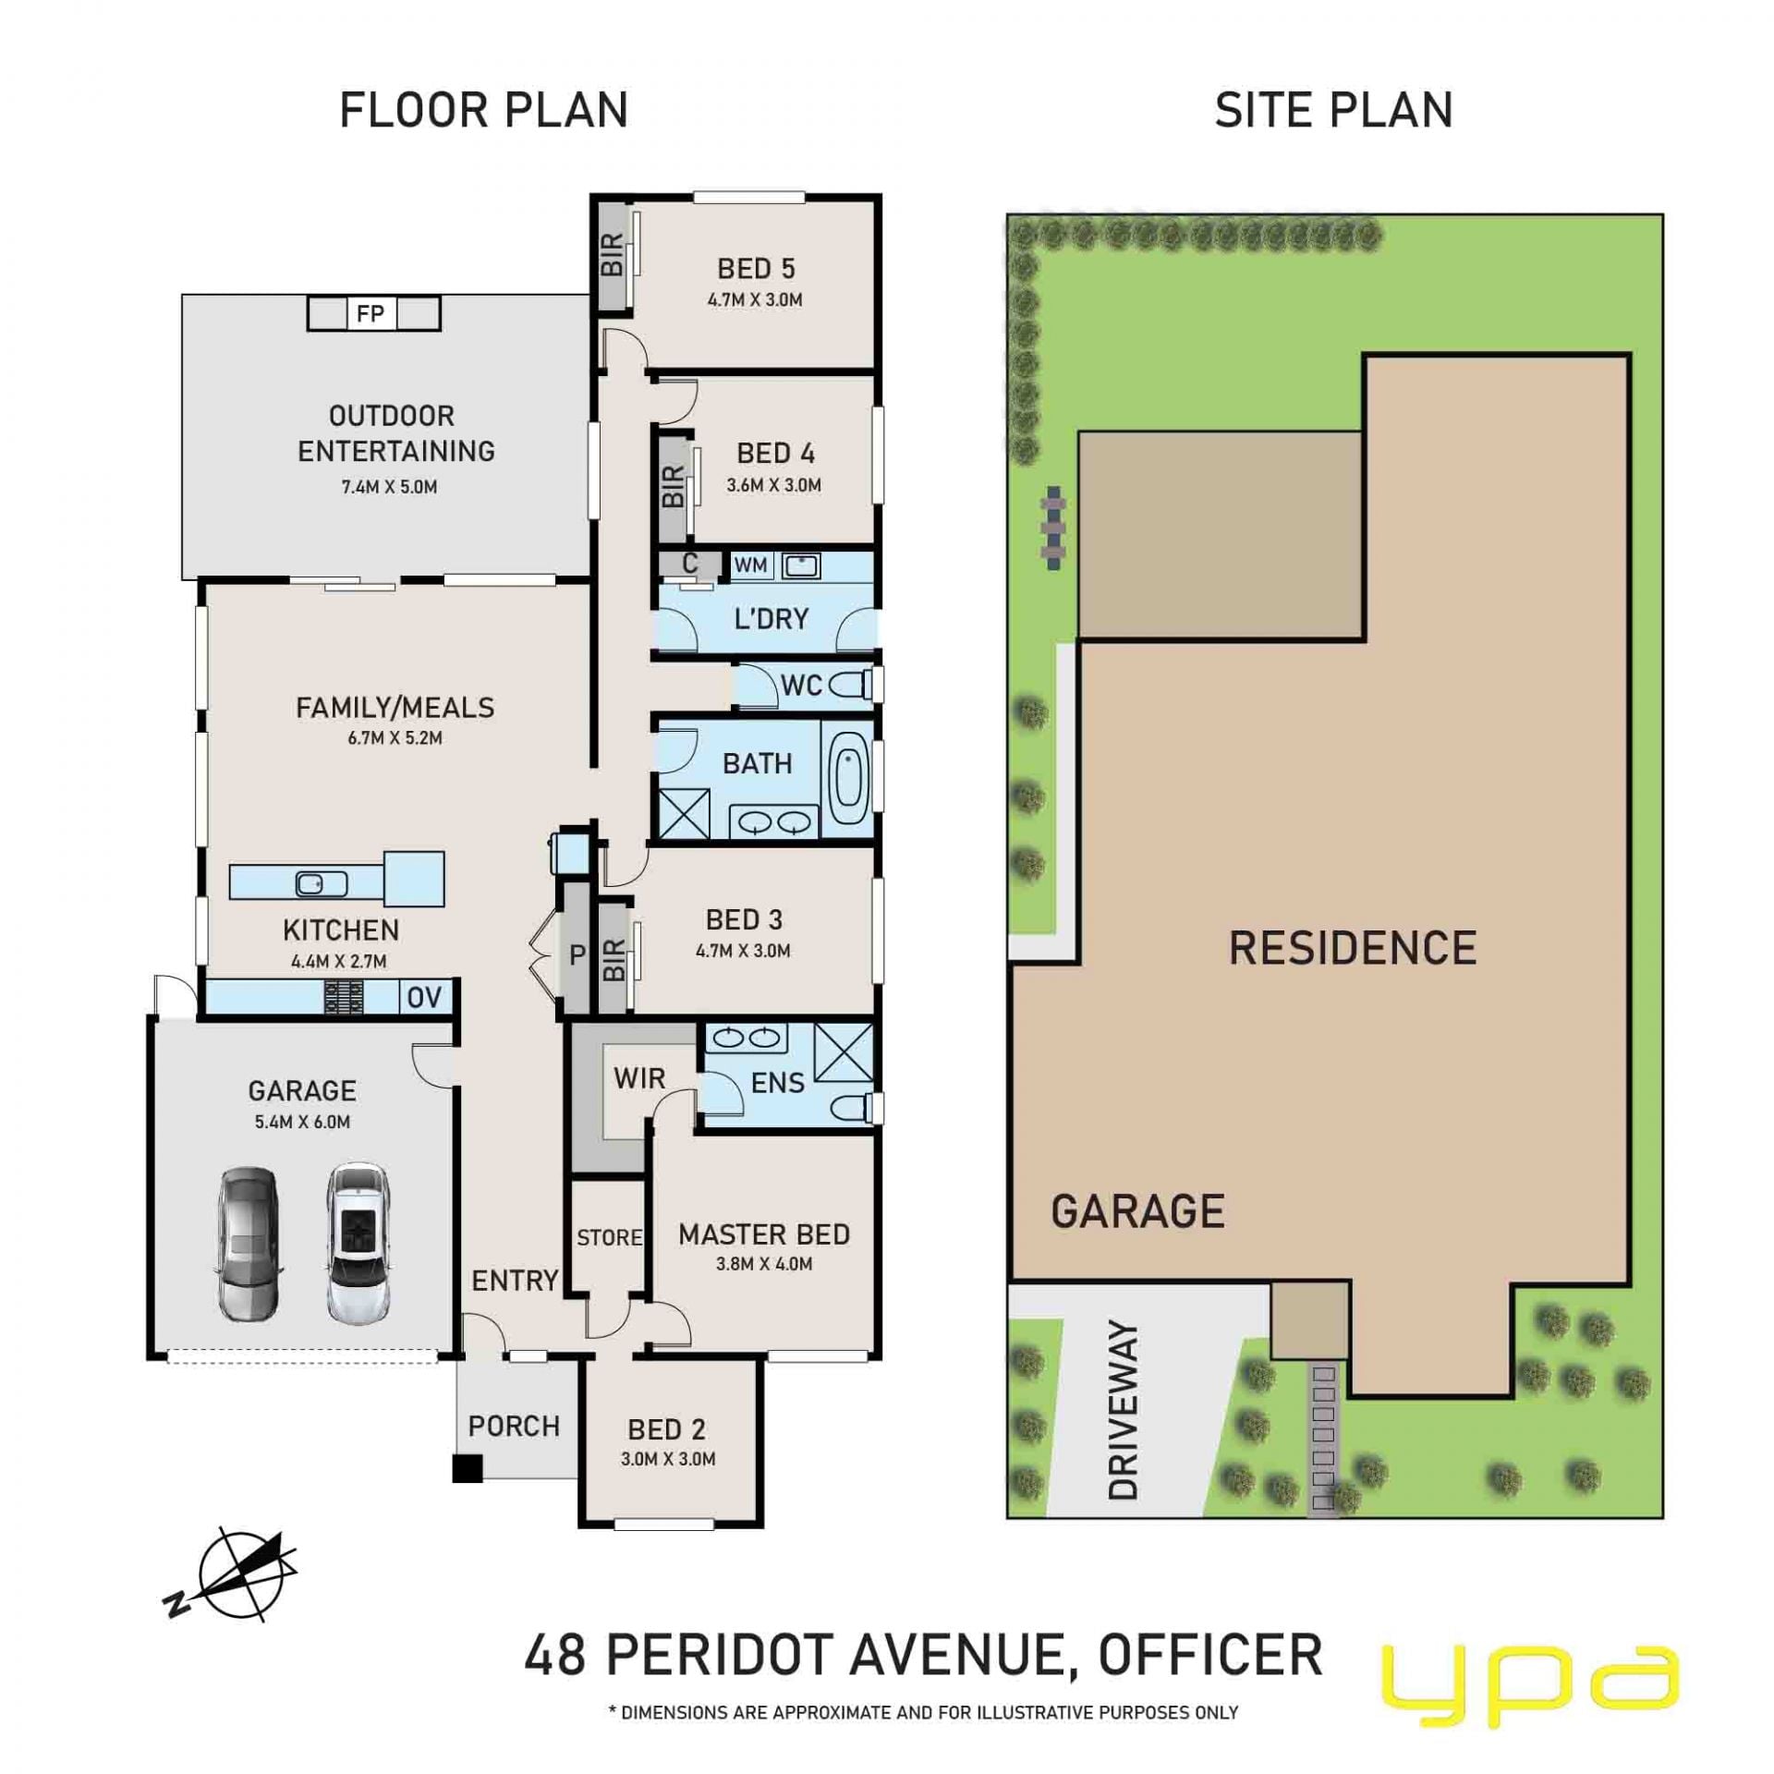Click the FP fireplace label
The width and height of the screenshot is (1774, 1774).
371,314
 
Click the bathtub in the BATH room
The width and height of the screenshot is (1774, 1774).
848,778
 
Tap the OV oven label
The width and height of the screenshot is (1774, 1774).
425,998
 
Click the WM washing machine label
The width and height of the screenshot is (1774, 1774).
750,565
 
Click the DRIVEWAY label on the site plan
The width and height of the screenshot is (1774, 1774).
1123,1411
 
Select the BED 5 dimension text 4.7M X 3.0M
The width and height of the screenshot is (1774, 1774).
755,299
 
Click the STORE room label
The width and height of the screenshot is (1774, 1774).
610,1237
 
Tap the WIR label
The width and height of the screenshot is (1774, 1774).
639,1078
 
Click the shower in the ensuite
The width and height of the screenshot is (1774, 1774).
844,1051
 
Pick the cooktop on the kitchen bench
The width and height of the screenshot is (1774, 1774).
343,998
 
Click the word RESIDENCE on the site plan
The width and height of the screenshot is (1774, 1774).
1353,949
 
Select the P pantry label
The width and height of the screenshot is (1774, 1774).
577,955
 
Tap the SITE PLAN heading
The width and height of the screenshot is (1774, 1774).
1333,110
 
